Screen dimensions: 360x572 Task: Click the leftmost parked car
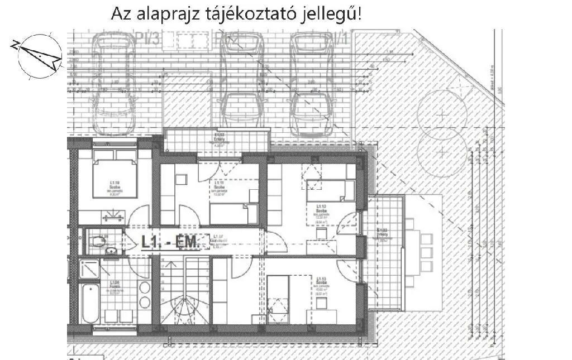point(114,84)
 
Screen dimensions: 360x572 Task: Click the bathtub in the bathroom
point(89,305)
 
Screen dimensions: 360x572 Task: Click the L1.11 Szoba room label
point(219,187)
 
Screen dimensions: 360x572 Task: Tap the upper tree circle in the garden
point(442,114)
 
